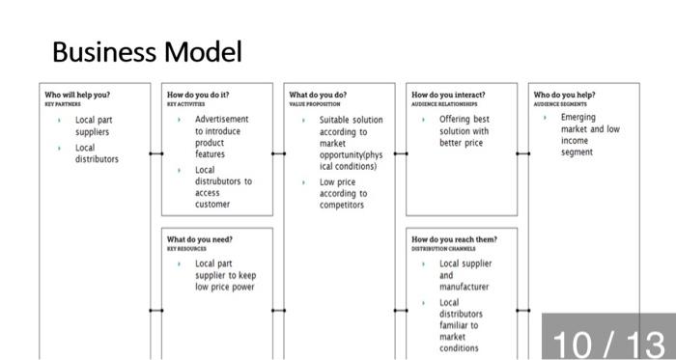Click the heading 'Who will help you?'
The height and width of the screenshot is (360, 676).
point(77,95)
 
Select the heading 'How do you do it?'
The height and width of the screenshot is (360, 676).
point(198,95)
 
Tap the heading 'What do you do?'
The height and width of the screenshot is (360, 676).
point(318,95)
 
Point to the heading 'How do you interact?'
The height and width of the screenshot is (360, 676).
point(448,95)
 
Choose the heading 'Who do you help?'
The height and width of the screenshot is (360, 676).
point(564,95)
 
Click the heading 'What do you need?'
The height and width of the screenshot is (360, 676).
point(200,238)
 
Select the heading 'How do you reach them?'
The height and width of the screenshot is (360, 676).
point(455,238)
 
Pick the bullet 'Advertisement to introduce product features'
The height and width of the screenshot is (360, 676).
point(221,136)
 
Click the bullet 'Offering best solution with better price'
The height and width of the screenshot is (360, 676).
point(464,131)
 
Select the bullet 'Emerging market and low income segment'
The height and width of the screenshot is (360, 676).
point(590,134)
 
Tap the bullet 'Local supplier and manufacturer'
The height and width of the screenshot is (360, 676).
point(465,274)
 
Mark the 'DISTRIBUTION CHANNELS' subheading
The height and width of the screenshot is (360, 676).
point(443,248)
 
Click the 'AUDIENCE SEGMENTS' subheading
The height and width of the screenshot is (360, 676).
point(560,103)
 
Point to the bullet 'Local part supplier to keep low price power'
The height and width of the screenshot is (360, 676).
point(225,274)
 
